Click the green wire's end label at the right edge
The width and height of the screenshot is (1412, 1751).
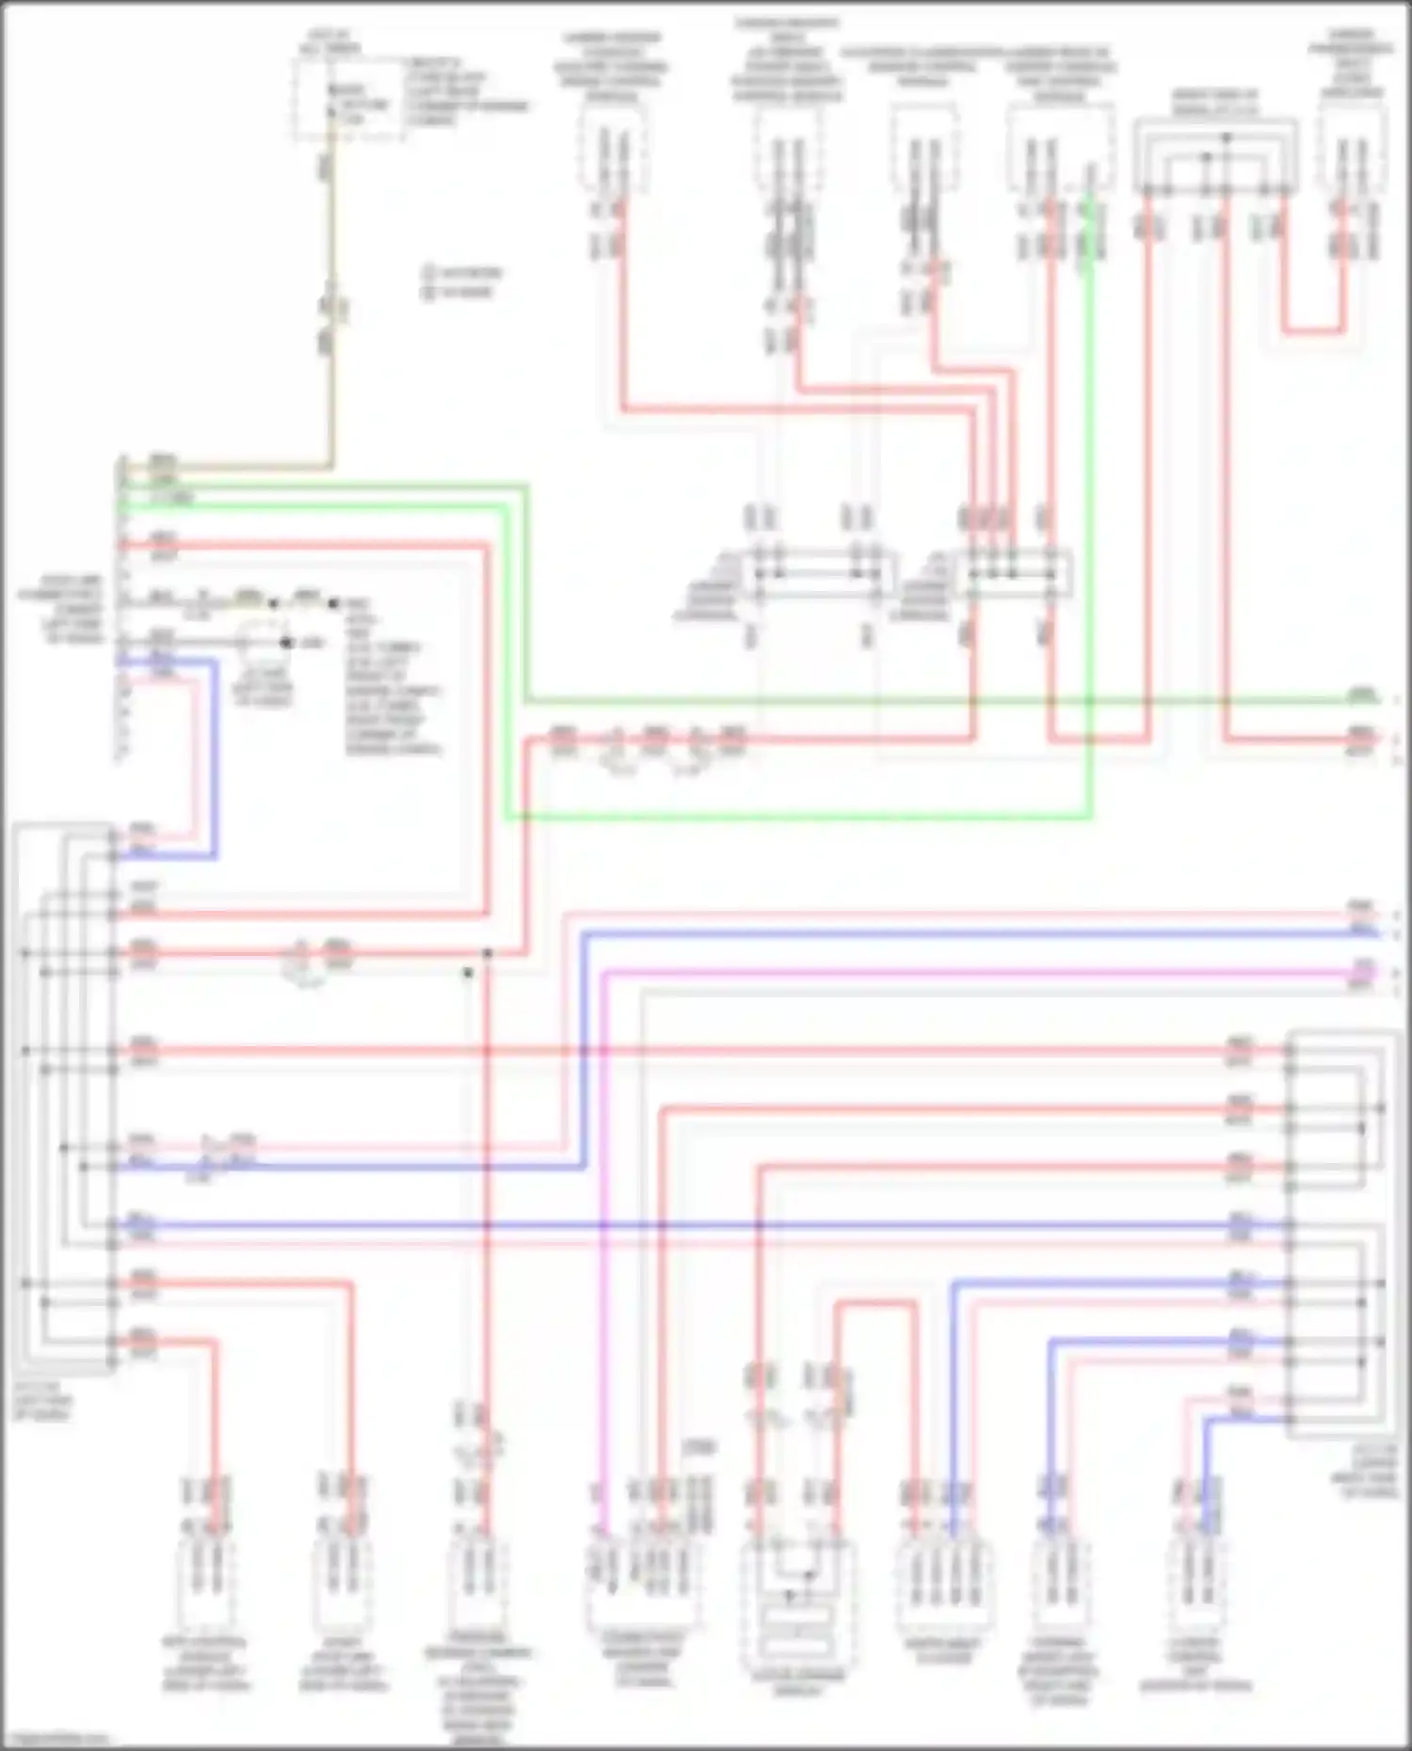click(x=1360, y=696)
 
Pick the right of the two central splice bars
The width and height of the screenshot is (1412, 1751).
click(x=1012, y=571)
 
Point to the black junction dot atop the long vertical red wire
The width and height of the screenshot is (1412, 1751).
click(x=488, y=953)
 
